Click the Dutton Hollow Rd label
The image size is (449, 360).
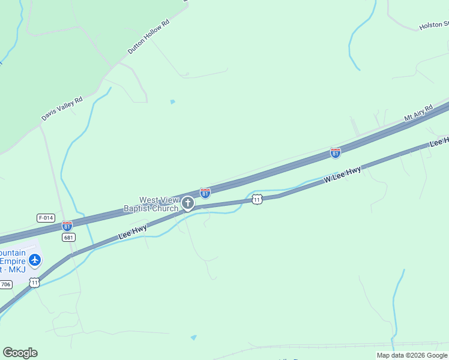(149, 37)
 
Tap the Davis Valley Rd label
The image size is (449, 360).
(62, 109)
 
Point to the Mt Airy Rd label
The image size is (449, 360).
(418, 113)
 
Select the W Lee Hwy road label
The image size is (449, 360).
(343, 175)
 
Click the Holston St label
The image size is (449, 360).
(433, 26)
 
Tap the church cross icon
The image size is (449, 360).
(188, 204)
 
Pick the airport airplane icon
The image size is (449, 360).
(35, 260)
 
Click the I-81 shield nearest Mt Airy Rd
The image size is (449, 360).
(336, 154)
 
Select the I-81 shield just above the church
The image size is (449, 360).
(205, 193)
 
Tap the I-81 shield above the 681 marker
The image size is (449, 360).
(67, 226)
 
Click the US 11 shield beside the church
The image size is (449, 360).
(257, 199)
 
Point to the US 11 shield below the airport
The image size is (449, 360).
(35, 282)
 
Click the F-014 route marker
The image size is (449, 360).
(46, 218)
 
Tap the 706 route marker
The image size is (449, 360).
(5, 284)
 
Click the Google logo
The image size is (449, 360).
(20, 353)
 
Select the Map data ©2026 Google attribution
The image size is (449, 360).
(412, 355)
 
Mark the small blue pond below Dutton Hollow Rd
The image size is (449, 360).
(173, 102)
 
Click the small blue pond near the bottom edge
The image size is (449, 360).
(193, 338)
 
